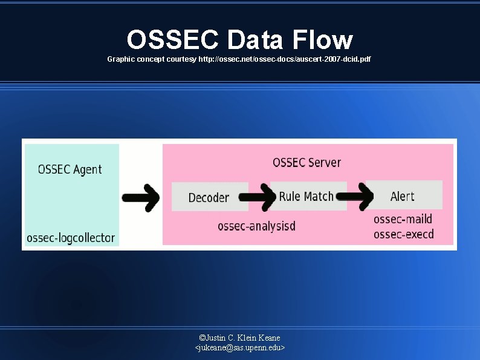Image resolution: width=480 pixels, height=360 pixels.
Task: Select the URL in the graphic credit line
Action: point(285,59)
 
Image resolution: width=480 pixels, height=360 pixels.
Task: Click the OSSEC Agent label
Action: point(70,169)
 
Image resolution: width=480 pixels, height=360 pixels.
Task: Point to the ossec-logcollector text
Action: point(70,238)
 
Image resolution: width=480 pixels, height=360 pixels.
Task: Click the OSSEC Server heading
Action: point(306,162)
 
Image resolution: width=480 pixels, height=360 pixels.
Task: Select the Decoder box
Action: point(209,197)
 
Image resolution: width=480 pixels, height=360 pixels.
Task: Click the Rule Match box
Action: point(306,196)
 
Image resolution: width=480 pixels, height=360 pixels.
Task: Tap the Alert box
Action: point(403,195)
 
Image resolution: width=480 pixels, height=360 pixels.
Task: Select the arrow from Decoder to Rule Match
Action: point(258,196)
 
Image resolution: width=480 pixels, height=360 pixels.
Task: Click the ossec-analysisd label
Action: point(256,227)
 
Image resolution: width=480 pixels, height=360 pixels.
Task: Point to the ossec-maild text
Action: point(403,219)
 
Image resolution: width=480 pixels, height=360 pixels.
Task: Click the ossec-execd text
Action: point(403,234)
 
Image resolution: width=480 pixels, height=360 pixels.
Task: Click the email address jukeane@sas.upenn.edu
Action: point(240,348)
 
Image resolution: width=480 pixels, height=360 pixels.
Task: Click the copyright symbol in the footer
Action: point(202,338)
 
